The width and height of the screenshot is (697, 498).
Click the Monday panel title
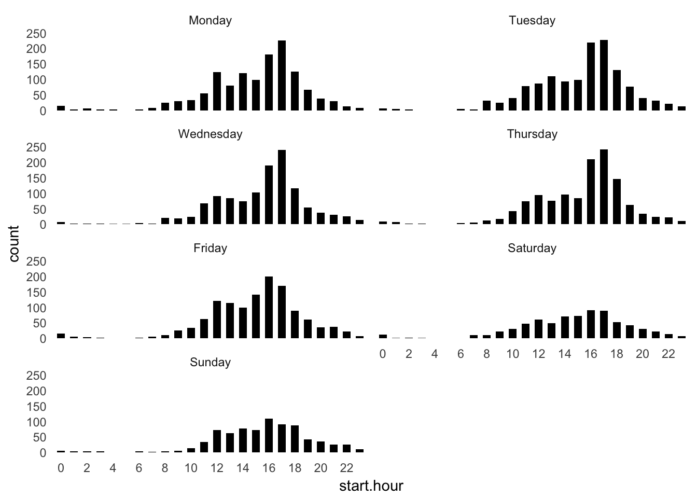pos(210,21)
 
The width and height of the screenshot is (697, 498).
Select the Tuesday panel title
pos(532,21)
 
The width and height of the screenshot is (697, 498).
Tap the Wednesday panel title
pos(210,134)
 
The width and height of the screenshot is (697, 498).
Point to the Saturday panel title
pos(532,248)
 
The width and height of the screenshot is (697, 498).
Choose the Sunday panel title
pos(210,362)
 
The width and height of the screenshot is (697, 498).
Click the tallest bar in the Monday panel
pos(282,75)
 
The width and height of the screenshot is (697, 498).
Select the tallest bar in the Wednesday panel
pos(282,187)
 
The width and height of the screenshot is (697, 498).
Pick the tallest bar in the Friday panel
pos(269,308)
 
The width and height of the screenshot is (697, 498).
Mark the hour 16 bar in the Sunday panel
pos(269,436)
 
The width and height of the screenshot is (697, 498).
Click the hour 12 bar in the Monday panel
pos(217,91)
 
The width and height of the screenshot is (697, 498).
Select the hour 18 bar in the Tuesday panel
pos(617,90)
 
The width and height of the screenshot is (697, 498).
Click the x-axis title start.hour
pos(371,486)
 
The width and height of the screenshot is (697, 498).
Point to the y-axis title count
pos(14,244)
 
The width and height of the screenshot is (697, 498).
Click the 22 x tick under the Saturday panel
pos(668,354)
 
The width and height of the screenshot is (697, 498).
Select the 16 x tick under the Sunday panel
pos(269,468)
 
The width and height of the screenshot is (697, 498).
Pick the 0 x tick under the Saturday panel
pos(383,354)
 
